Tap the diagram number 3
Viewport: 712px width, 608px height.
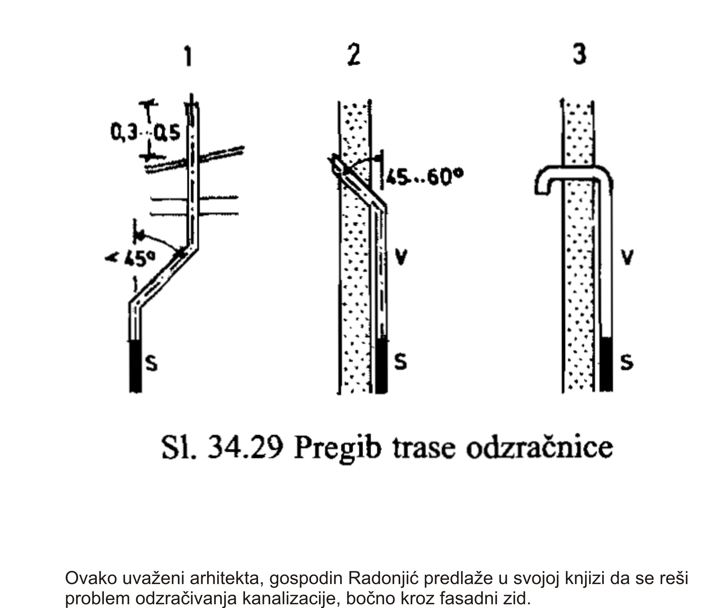579,54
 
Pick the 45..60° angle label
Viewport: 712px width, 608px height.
425,177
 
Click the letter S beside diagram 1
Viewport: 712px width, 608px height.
151,363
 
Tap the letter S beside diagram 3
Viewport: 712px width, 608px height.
627,362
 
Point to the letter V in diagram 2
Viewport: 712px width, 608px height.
401,257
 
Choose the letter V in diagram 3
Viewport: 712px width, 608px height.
627,257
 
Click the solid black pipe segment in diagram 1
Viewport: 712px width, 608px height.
135,366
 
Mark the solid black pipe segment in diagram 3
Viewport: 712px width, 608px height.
606,364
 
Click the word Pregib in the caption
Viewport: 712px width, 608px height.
338,449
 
